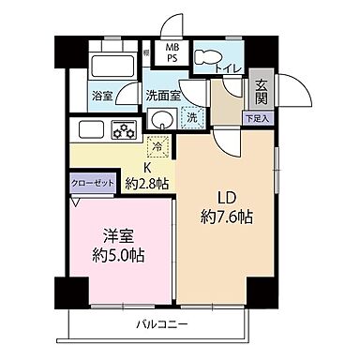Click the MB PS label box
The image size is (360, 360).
coord(173,52)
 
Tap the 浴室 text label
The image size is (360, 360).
coord(102,96)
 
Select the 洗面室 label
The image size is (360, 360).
coord(160,95)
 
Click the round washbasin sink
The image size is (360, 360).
coord(161,118)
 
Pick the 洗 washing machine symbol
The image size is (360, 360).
coord(190,119)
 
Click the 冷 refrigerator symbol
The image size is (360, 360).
coord(158,145)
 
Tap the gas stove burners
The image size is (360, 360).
coord(124,128)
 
